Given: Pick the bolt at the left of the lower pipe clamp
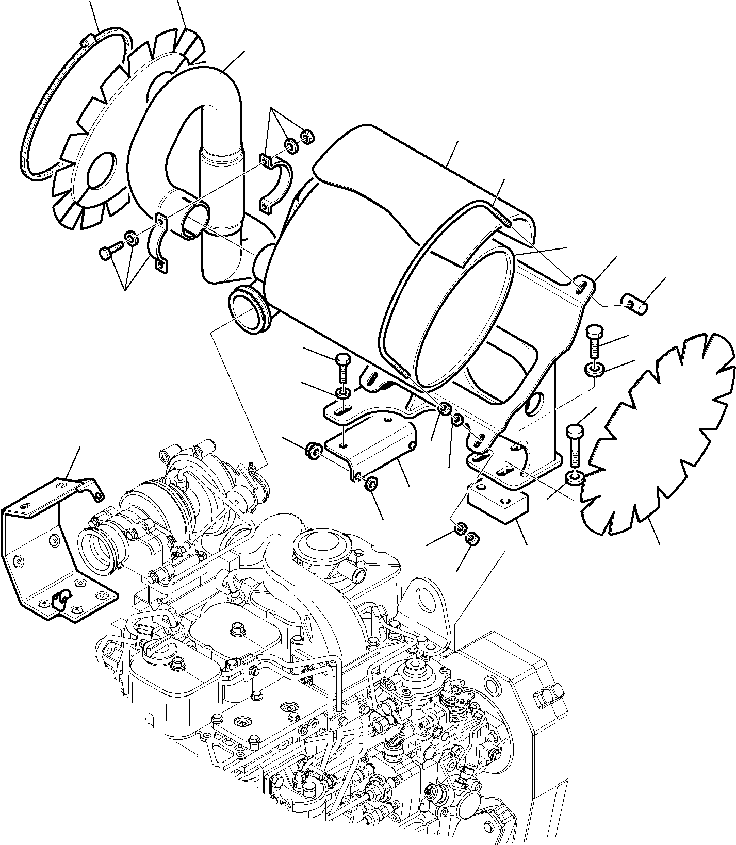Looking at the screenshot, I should [x=108, y=253].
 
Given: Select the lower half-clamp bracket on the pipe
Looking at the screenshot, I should [x=161, y=242].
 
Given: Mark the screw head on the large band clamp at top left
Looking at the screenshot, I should [x=88, y=40].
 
